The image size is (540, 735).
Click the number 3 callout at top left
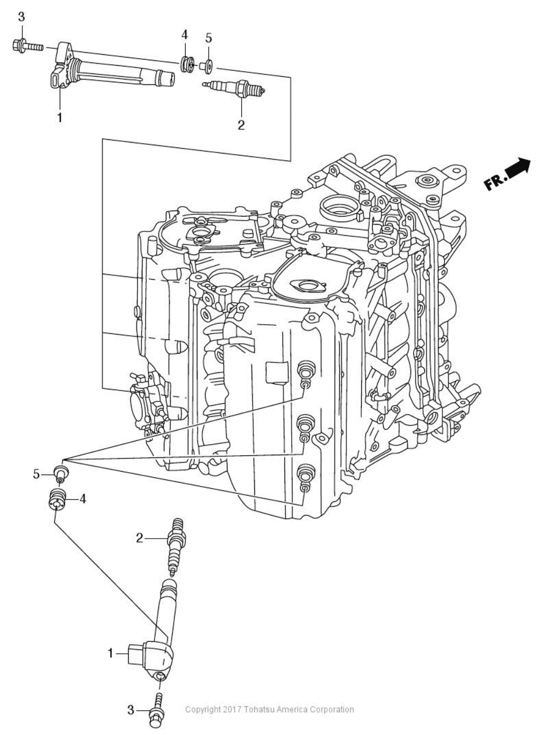coord(21,17)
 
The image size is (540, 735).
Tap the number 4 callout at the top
coord(185,35)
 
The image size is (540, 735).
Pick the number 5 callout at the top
coord(208,38)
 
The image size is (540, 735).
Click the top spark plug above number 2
coord(234,87)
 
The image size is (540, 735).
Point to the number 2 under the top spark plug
coord(241,125)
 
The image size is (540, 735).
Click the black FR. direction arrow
coord(519,167)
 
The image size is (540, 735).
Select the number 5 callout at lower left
coord(36,474)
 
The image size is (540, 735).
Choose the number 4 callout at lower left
coord(83,499)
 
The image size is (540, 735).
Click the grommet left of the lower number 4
coord(57,499)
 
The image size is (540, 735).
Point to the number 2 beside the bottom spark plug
coord(139,538)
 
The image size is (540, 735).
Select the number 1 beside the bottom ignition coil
coord(110,653)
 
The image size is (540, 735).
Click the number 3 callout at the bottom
coord(130,710)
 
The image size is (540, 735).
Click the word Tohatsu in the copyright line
coord(253,709)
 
